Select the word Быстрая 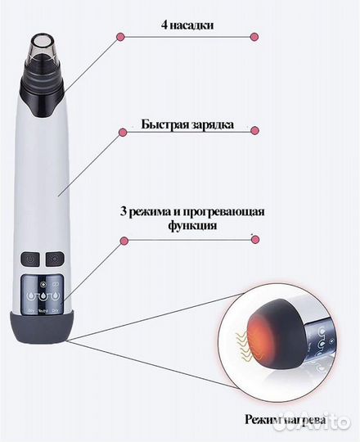(x=163, y=126)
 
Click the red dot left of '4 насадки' (x=120, y=38)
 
